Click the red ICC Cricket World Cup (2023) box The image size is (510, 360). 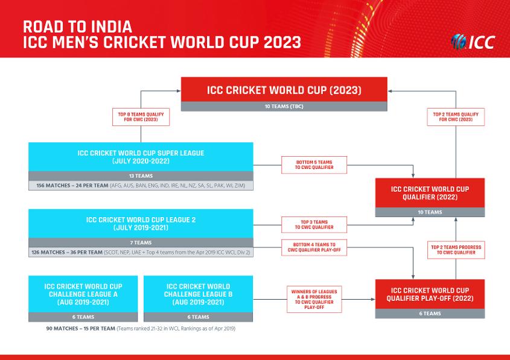284,90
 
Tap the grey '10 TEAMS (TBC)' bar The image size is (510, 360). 284,107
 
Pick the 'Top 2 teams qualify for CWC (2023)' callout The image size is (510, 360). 456,116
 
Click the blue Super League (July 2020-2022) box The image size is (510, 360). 141,157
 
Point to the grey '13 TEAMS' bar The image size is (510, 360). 141,175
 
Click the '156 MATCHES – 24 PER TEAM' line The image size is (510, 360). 141,186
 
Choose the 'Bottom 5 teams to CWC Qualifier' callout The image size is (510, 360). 314,165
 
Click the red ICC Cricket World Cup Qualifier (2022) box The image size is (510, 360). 429,193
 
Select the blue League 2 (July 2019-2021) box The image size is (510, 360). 141,224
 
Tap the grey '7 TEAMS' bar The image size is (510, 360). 141,242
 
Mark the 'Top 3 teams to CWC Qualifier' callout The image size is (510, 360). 314,224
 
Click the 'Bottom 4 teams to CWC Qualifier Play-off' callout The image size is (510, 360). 314,247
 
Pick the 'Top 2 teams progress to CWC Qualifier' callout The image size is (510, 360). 456,250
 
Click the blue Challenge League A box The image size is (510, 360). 83,294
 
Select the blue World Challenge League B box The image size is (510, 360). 199,294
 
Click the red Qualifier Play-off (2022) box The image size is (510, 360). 429,294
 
